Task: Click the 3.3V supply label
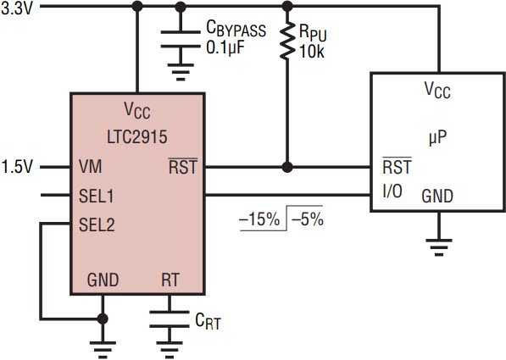(x=17, y=8)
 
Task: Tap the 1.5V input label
(x=17, y=167)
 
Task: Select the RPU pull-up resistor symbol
(x=286, y=41)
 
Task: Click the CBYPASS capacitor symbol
(x=181, y=39)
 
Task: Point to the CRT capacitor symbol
(x=170, y=319)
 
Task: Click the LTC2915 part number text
(x=137, y=136)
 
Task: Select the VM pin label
(x=90, y=167)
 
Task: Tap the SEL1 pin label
(x=96, y=196)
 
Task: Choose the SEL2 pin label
(x=97, y=224)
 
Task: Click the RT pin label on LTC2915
(x=170, y=280)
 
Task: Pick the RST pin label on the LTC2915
(x=183, y=167)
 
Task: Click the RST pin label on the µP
(x=397, y=167)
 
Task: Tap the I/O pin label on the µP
(x=392, y=191)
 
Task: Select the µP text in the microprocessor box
(x=437, y=138)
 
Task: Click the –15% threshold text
(x=259, y=219)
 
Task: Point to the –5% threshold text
(x=307, y=219)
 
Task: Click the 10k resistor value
(x=312, y=52)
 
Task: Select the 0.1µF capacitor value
(x=225, y=47)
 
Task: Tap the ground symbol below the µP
(x=438, y=247)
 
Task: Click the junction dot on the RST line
(x=286, y=167)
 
